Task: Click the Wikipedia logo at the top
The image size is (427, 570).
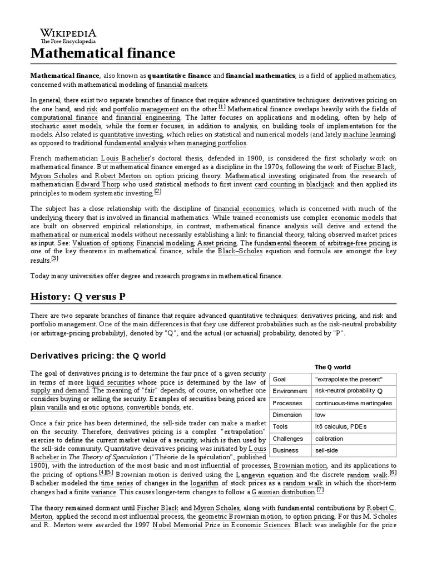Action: point(67,34)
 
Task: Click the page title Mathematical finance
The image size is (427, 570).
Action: point(103,53)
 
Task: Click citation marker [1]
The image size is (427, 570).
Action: point(222,107)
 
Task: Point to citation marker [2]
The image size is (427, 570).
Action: point(158,192)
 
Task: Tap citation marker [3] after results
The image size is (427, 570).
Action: point(54,258)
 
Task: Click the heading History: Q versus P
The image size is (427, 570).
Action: point(83,296)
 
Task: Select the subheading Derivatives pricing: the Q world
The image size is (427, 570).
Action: point(98,356)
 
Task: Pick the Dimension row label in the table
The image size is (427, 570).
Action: point(286,415)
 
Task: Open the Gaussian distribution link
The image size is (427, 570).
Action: point(283,492)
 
